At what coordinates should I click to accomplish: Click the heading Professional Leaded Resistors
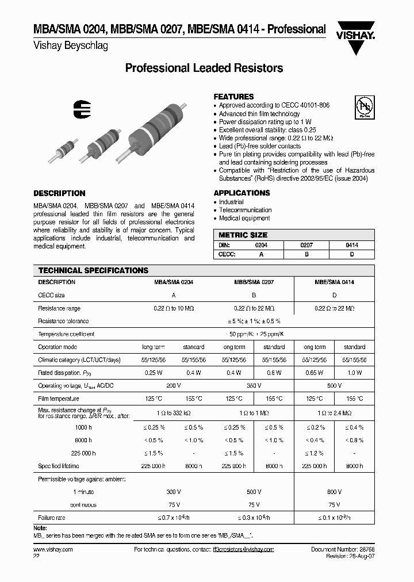coord(204,68)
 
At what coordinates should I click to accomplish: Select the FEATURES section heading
coord(233,97)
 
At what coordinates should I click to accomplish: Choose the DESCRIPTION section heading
coord(59,193)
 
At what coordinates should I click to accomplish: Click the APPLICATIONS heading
coord(241,193)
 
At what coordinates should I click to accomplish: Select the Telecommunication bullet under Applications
coord(245,210)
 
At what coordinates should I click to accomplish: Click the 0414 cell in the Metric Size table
coord(352,245)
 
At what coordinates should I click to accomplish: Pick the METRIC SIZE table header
coord(243,235)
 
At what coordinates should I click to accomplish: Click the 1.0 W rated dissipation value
coord(354,373)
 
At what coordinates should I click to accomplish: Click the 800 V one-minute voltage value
coord(334,492)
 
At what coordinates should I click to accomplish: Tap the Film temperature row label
coord(58,398)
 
